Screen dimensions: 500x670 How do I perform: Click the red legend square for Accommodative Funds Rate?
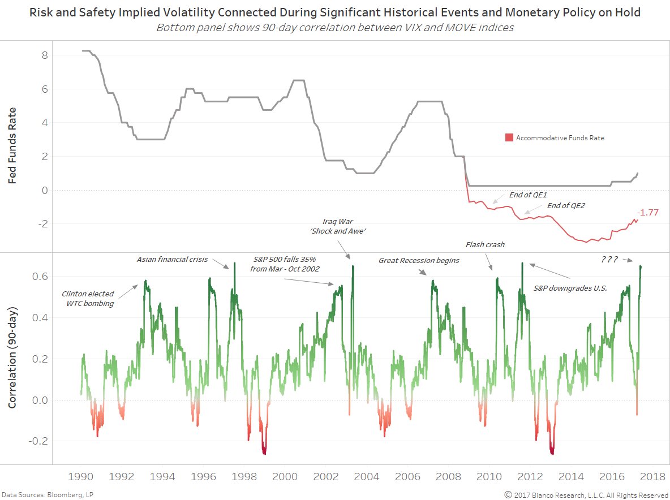coord(509,137)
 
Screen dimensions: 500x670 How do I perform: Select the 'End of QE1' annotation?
coord(528,195)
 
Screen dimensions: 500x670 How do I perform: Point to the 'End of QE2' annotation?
coord(566,205)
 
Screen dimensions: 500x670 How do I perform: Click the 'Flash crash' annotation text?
coord(485,245)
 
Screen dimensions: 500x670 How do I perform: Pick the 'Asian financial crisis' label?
coord(172,259)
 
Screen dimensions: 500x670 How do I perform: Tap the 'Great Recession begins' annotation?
coord(419,260)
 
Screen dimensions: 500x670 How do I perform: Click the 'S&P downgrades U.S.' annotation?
coord(570,288)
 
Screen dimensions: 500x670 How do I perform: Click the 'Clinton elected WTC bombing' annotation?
coord(88,299)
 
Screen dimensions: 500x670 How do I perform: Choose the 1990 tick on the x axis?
coord(81,476)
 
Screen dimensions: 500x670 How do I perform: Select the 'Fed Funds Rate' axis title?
coord(12,146)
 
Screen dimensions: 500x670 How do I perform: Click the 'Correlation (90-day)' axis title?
coord(12,358)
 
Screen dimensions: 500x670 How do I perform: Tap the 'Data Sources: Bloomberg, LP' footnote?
coord(44,494)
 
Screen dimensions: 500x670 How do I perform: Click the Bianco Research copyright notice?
coord(586,494)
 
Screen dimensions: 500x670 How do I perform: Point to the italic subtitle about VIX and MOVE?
coord(335,27)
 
